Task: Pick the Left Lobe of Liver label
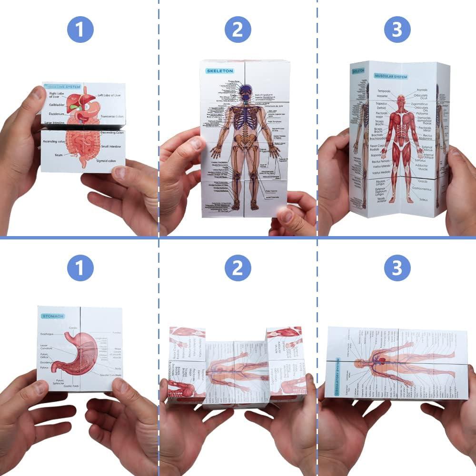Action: (111, 96)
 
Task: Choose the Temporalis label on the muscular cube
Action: (384, 90)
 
